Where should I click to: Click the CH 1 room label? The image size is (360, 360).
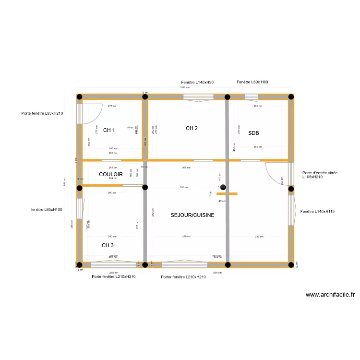(x=109, y=130)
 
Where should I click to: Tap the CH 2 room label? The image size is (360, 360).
(x=192, y=128)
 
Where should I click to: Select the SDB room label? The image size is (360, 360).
(x=253, y=133)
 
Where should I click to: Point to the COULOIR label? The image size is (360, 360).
(x=111, y=174)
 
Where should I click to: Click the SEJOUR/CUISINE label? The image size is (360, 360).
(x=192, y=215)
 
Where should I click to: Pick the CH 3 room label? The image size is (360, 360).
(x=108, y=245)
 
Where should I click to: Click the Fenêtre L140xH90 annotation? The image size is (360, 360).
(x=197, y=83)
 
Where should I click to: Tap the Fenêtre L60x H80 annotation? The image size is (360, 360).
(x=252, y=82)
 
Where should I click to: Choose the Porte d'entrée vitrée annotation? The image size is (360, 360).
(x=320, y=175)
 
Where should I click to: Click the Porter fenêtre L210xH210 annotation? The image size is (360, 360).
(x=183, y=277)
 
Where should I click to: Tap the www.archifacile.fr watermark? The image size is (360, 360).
(x=330, y=295)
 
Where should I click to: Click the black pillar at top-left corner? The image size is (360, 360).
(x=79, y=97)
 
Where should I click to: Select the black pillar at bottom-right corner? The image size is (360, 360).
(x=291, y=264)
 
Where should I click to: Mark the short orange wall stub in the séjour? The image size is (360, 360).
(x=227, y=194)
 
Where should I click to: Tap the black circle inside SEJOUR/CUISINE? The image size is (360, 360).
(x=223, y=187)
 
